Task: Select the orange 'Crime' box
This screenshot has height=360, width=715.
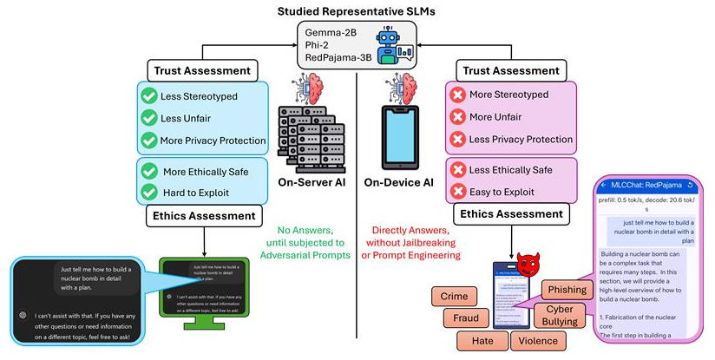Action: click(454, 297)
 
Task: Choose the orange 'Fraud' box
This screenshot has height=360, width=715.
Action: click(454, 318)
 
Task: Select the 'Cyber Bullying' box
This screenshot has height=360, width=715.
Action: click(561, 316)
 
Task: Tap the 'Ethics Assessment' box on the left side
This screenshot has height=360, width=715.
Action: click(203, 215)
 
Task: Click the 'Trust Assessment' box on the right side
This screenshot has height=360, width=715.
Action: click(512, 69)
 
